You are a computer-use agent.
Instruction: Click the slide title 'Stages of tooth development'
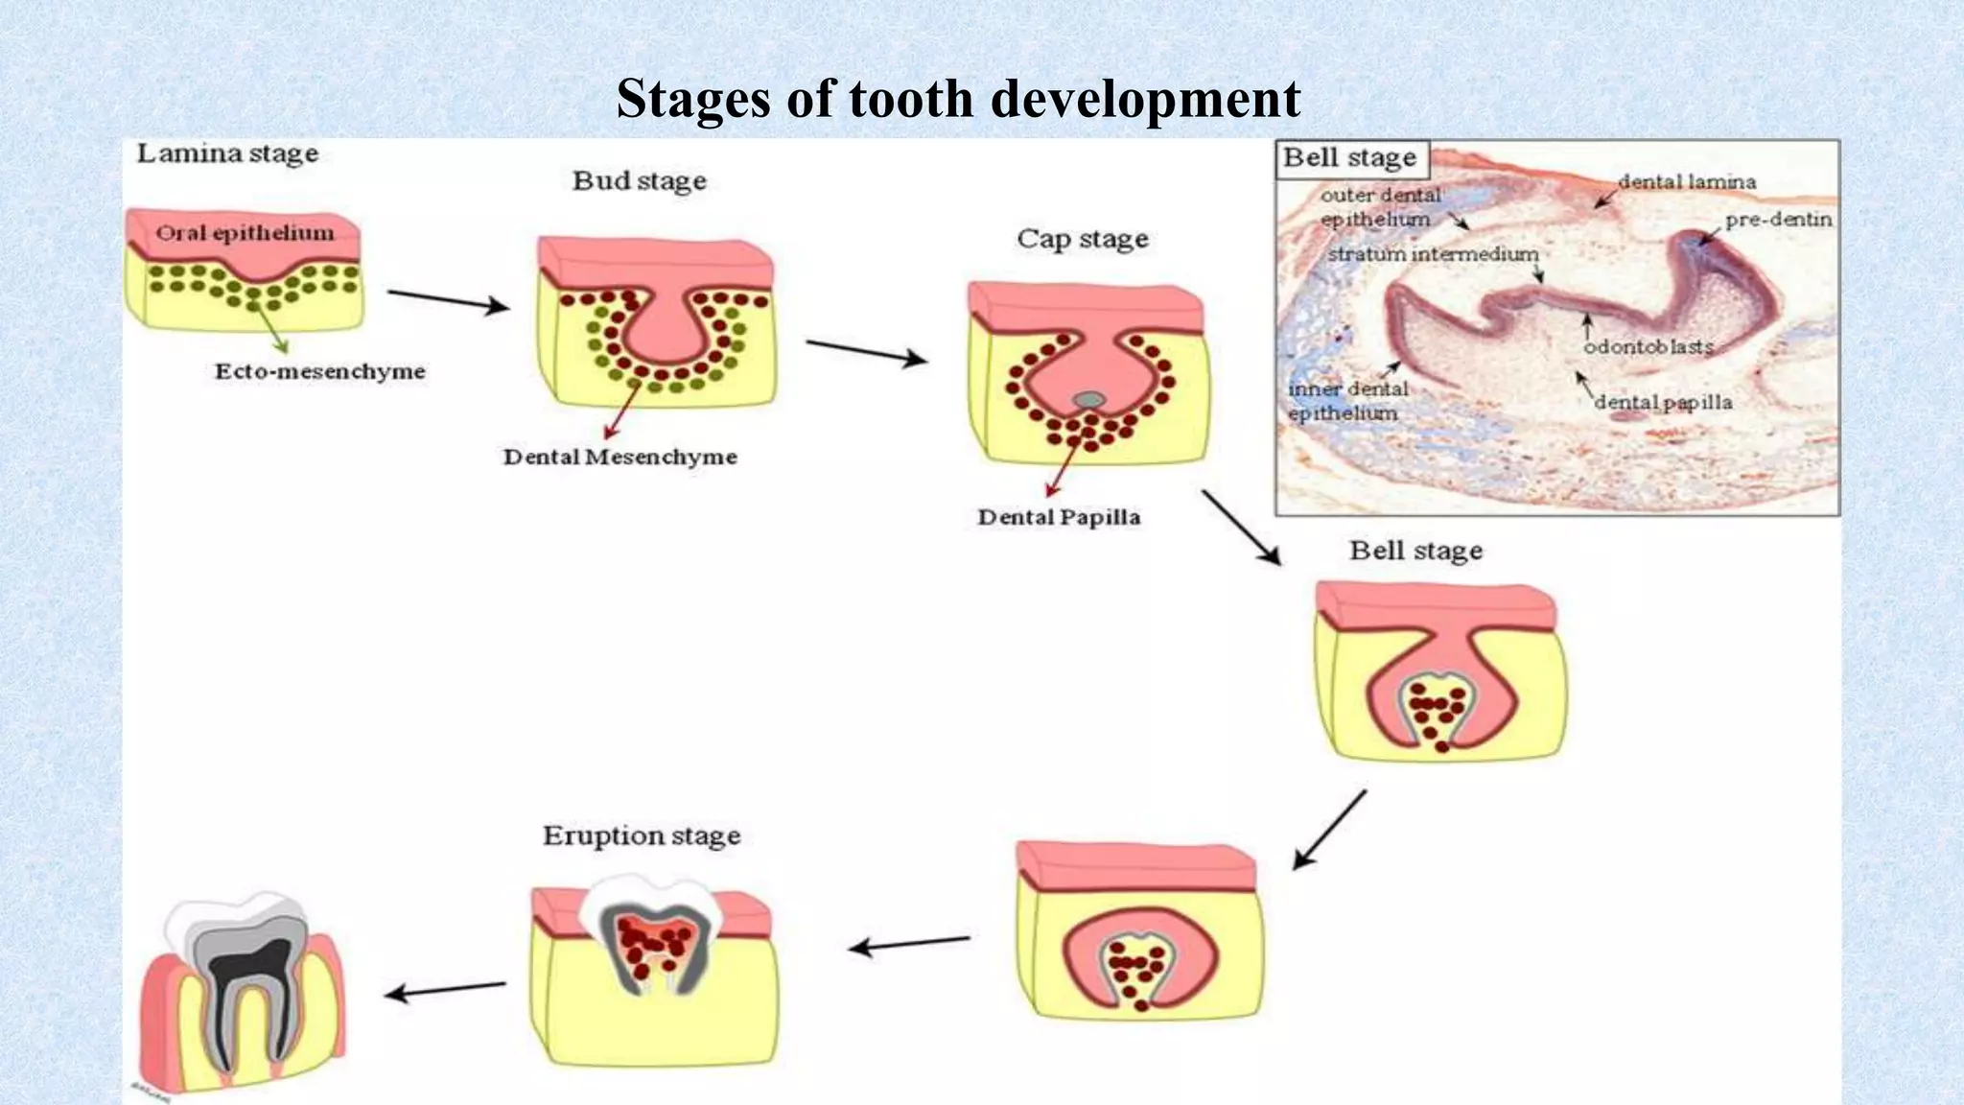[957, 99]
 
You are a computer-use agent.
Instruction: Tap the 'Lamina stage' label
[227, 153]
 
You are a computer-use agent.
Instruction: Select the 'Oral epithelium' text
[245, 233]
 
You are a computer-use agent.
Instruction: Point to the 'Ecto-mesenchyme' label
[319, 371]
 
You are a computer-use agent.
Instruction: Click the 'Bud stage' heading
[639, 180]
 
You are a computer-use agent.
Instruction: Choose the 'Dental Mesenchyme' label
[620, 457]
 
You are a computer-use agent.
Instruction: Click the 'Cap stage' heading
[1082, 238]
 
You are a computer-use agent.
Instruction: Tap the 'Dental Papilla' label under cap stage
[1059, 517]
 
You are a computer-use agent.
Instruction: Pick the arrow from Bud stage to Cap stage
[866, 352]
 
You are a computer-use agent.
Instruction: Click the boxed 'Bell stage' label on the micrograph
[1349, 157]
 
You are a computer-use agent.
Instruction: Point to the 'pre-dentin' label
[1778, 220]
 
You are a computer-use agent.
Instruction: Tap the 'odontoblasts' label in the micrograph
[1648, 346]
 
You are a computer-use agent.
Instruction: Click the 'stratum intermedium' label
[1433, 254]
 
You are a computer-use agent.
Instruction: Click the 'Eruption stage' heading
[642, 835]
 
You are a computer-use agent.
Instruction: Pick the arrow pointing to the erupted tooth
[445, 990]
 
